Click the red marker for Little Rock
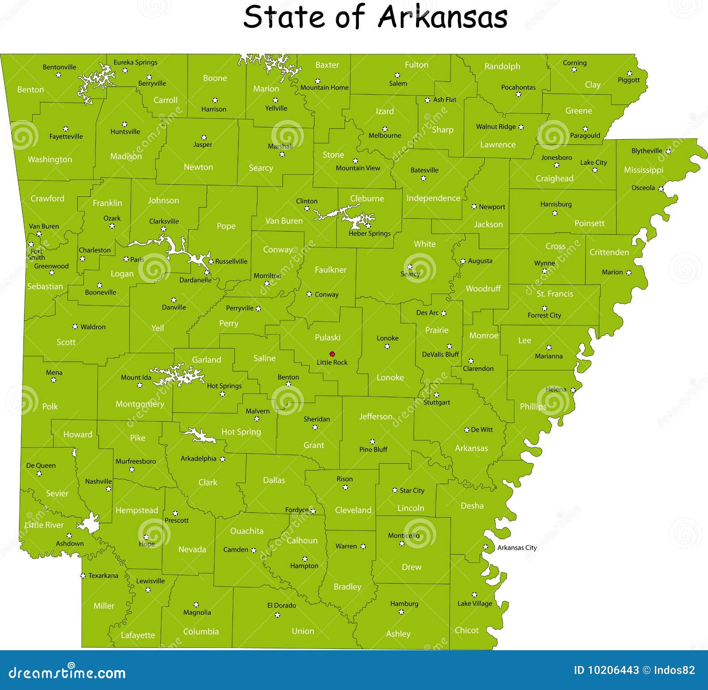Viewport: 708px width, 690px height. click(x=332, y=354)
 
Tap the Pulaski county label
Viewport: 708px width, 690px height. click(x=327, y=337)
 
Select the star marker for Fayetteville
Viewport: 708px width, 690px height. click(x=65, y=129)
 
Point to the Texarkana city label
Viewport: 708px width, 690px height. click(x=103, y=575)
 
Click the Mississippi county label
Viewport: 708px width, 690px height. click(x=643, y=170)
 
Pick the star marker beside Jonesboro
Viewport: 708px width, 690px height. click(x=557, y=165)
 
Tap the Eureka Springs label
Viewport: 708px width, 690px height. click(x=135, y=62)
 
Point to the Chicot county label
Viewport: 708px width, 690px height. click(x=467, y=630)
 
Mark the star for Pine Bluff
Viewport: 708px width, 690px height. click(x=373, y=441)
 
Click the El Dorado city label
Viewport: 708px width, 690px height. click(x=282, y=605)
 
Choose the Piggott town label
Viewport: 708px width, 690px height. click(x=629, y=80)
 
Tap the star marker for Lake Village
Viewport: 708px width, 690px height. click(x=474, y=595)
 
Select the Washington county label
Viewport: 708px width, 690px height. click(x=50, y=159)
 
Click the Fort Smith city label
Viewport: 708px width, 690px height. click(x=36, y=254)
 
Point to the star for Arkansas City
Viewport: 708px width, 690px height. click(x=486, y=547)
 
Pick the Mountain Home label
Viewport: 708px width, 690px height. click(x=324, y=88)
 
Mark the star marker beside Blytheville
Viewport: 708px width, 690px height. click(x=668, y=151)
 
